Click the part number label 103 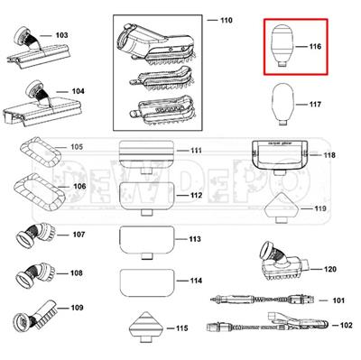click(x=61, y=36)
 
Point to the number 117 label click(x=315, y=105)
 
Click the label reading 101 click(x=338, y=300)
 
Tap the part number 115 click(x=181, y=328)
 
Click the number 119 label click(x=319, y=209)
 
